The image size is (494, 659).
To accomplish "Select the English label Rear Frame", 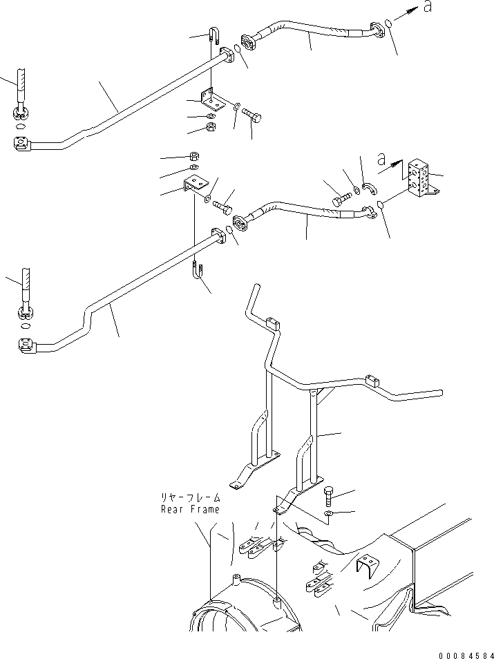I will point(190,509).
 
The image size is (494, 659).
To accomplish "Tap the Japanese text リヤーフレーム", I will point(190,497).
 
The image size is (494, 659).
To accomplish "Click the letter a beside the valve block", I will point(381,159).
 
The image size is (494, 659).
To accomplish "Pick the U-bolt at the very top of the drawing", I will point(215,37).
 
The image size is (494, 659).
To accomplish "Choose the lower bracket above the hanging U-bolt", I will point(196,185).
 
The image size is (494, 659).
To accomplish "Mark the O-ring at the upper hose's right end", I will point(390,24).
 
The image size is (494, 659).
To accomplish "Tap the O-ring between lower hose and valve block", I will point(381,204).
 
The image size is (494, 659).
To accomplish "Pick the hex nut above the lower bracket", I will point(195,155).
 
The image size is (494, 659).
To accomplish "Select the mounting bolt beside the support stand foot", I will point(330,495).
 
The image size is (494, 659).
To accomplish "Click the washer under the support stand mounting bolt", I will point(330,514).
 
